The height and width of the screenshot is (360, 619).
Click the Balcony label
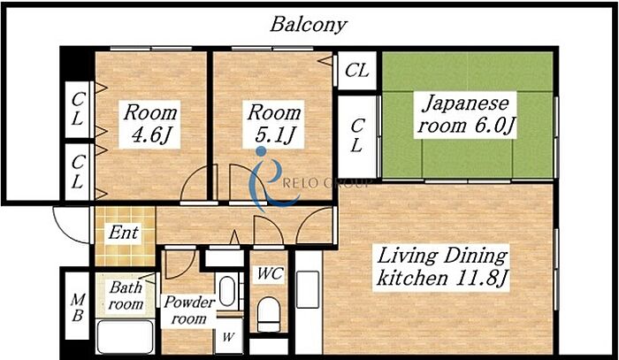coord(309,25)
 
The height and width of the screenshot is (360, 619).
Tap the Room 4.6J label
coord(150,124)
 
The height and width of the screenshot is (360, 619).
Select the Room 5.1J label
coord(274,124)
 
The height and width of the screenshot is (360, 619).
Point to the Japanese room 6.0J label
coord(466,114)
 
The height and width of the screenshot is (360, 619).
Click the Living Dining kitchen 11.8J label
coord(441,267)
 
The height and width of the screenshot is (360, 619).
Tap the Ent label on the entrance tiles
coord(124,233)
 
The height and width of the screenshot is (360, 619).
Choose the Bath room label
coord(126,295)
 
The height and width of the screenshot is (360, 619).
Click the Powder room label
coord(189,310)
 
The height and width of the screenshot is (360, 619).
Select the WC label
coord(271,273)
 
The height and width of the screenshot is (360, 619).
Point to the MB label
coord(78,308)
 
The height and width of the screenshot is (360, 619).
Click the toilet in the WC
coord(269,314)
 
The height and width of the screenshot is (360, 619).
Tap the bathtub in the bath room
coord(126,337)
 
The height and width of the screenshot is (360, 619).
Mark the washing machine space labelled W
coord(228,336)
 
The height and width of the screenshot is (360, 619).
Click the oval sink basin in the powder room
coord(227,291)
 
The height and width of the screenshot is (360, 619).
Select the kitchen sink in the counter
coord(308,289)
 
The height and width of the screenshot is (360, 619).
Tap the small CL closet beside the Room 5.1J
coord(356,70)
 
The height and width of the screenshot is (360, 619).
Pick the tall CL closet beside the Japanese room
coord(357,136)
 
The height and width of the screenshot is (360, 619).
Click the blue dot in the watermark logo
coord(261,151)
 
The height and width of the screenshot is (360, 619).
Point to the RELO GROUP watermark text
coord(327,183)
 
